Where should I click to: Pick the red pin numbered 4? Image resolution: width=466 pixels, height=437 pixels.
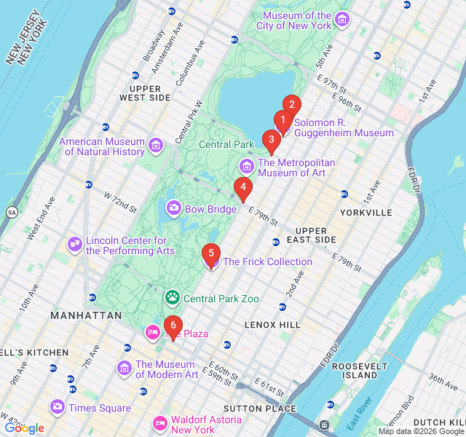pyautogui.click(x=243, y=187)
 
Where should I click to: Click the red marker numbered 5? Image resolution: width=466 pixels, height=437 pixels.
pyautogui.click(x=210, y=254)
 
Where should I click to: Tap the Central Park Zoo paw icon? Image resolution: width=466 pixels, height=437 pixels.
pyautogui.click(x=173, y=297)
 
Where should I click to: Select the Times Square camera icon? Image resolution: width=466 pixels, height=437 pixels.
pyautogui.click(x=58, y=407)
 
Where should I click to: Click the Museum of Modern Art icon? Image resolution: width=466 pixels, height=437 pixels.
pyautogui.click(x=124, y=369)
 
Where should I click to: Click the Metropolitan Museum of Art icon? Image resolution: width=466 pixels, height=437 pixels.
pyautogui.click(x=246, y=167)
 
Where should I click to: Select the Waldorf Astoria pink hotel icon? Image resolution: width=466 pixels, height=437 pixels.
pyautogui.click(x=159, y=423)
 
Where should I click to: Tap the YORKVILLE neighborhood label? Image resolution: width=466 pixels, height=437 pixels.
pyautogui.click(x=366, y=213)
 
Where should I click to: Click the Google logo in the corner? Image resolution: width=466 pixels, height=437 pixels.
pyautogui.click(x=24, y=428)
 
